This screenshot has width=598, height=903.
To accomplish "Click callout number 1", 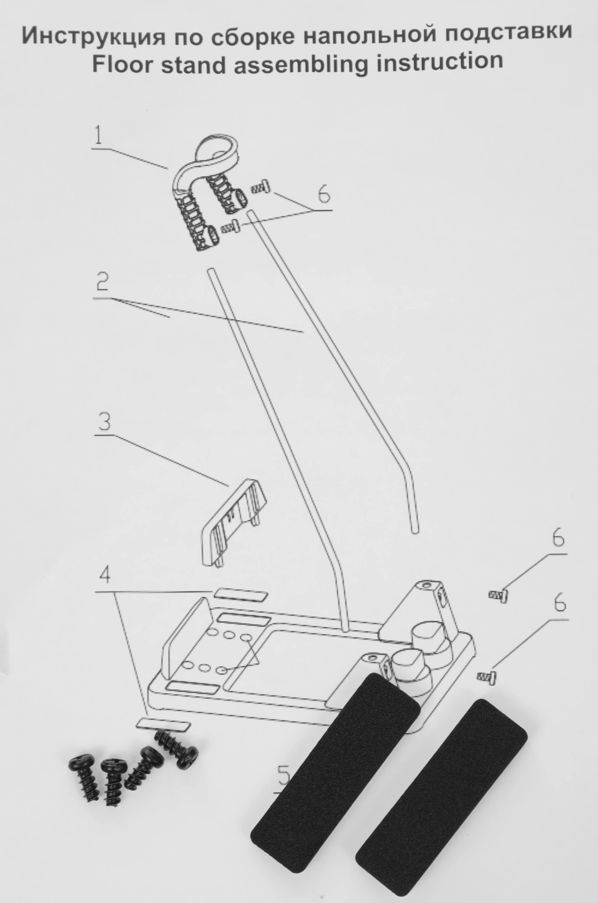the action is (100, 136).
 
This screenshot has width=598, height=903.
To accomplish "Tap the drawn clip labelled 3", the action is (233, 521).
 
